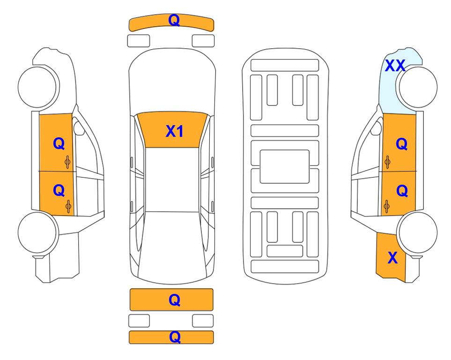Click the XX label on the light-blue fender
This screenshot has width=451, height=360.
click(395, 66)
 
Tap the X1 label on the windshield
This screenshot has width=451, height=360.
click(175, 131)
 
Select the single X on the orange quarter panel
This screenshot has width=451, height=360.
click(392, 258)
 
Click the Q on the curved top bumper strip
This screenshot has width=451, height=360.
click(174, 20)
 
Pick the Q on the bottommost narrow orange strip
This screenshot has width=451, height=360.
click(175, 337)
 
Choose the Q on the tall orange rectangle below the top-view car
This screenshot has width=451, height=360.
click(175, 300)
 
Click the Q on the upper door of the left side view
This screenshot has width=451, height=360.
click(59, 143)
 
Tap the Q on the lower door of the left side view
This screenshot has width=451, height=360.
click(59, 190)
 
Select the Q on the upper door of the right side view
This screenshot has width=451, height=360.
click(402, 144)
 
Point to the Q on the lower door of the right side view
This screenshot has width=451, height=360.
click(402, 191)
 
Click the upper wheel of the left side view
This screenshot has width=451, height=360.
click(37, 87)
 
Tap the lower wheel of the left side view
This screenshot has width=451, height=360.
click(37, 232)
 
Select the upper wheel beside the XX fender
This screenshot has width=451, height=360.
click(418, 87)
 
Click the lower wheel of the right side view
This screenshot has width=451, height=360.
click(418, 232)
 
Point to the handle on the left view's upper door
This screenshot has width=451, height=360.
click(67, 162)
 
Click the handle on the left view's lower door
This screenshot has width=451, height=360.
click(68, 206)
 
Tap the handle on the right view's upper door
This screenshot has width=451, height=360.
click(387, 162)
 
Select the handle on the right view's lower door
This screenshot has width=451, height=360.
click(387, 207)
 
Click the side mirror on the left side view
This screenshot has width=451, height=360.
click(79, 128)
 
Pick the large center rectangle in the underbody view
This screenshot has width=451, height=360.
click(284, 166)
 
